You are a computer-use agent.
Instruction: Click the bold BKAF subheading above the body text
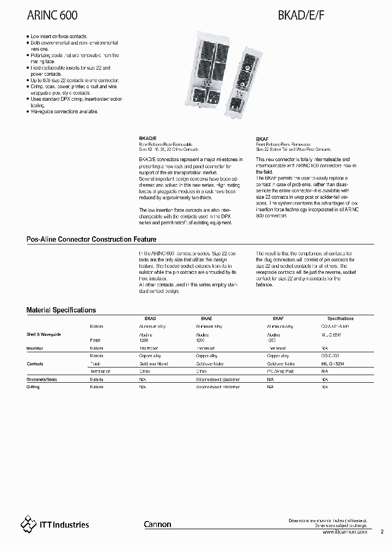point(261,139)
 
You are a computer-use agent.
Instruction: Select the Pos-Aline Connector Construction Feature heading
point(91,240)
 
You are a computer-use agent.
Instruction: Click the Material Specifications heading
point(61,310)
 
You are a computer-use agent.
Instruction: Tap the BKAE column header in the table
point(206,319)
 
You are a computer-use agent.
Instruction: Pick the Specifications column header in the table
point(340,319)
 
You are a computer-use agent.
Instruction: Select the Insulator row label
point(35,347)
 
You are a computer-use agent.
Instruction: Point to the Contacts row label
point(35,364)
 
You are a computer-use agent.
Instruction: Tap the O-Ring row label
point(33,387)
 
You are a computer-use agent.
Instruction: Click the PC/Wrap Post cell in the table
point(280,371)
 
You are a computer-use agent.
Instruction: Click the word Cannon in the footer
point(157,525)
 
